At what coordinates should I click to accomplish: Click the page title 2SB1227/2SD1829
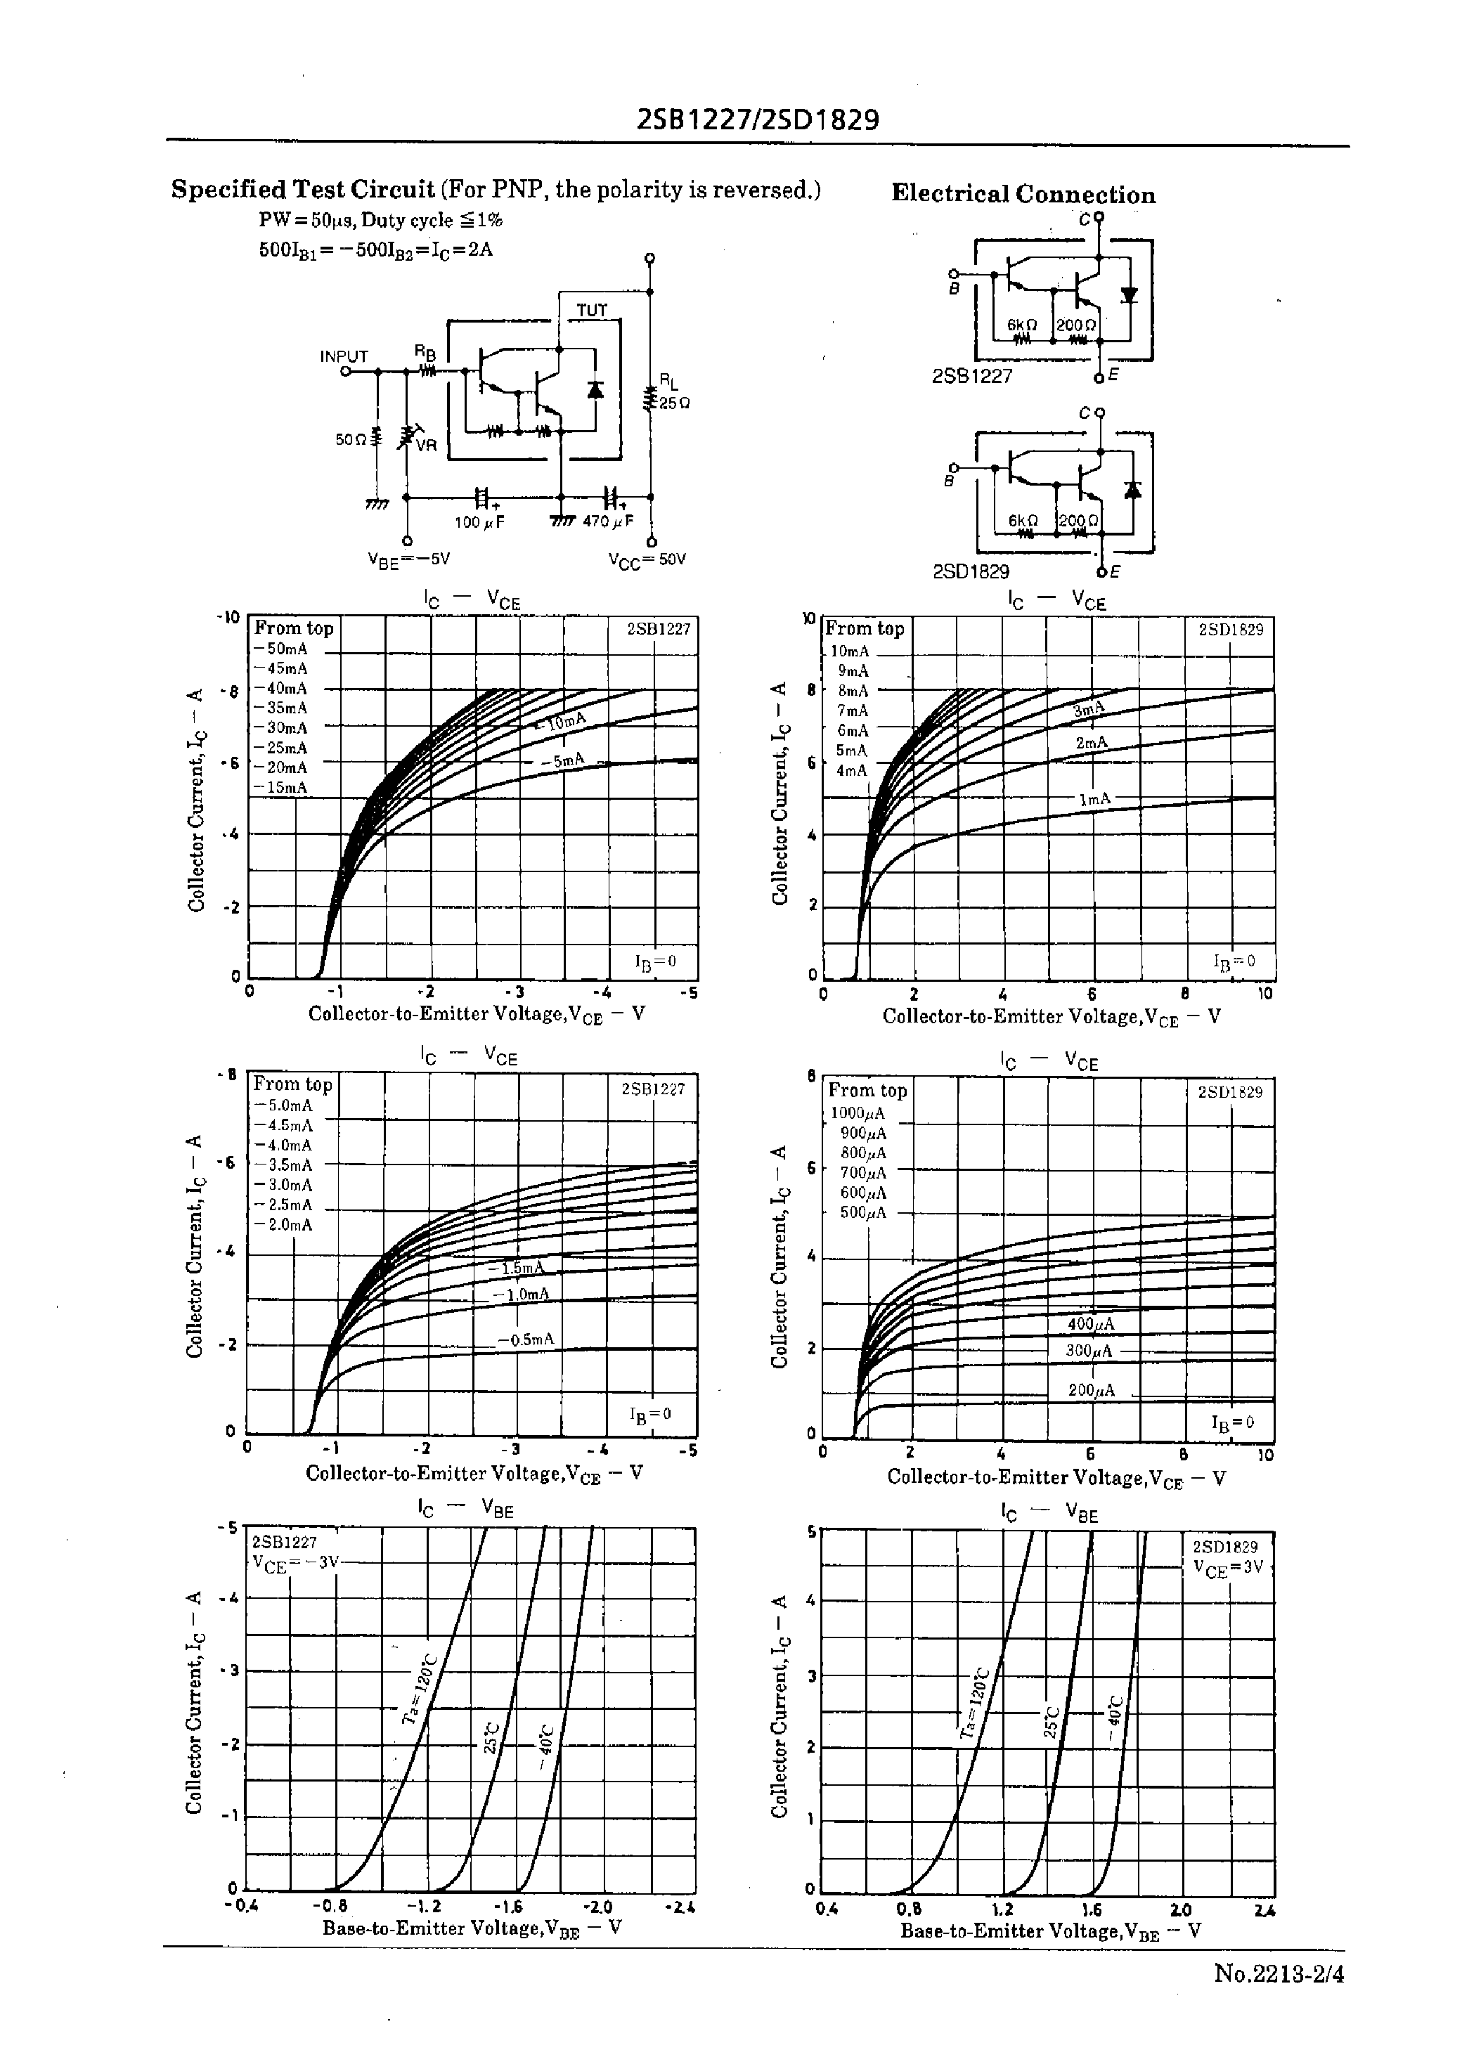point(757,119)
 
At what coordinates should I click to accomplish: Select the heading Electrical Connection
point(1023,195)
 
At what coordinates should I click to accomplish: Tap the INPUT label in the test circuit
point(344,356)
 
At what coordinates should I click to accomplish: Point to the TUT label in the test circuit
point(591,311)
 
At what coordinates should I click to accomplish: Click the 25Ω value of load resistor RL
point(674,404)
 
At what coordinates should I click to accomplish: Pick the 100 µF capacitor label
point(478,522)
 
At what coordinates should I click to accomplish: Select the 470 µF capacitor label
point(608,522)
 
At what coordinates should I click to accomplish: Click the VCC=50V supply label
point(647,559)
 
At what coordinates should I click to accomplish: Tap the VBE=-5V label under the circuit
point(408,559)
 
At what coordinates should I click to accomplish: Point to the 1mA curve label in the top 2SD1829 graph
point(1094,799)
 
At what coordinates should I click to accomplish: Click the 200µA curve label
point(1091,1390)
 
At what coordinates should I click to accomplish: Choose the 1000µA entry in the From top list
point(857,1113)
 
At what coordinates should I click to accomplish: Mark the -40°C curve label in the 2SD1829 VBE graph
point(1113,1720)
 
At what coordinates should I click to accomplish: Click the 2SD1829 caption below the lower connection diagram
point(971,571)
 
